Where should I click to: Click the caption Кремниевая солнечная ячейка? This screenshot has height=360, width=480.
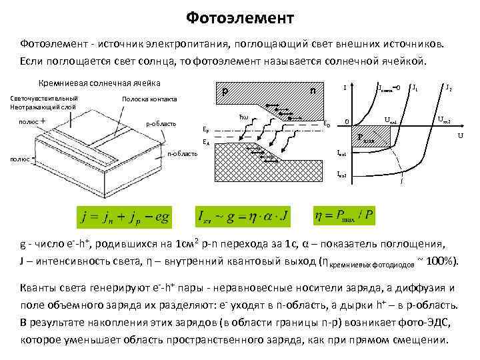[x=99, y=84]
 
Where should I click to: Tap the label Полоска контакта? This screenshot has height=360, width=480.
[x=149, y=99]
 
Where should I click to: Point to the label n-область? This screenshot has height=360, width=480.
[x=183, y=154]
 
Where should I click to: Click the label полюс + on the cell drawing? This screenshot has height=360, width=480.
[x=33, y=121]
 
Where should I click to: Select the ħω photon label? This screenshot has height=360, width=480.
[x=243, y=117]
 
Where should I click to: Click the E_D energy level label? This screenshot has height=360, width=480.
[x=326, y=123]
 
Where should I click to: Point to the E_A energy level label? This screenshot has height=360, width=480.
[x=206, y=142]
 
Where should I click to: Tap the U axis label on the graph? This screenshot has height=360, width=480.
[x=460, y=136]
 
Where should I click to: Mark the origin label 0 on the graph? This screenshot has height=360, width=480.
[x=347, y=122]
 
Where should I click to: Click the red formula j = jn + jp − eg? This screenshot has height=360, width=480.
[x=125, y=217]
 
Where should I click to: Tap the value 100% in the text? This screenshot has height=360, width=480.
[x=441, y=260]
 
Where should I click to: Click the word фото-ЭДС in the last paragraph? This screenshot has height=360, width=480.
[x=406, y=322]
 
